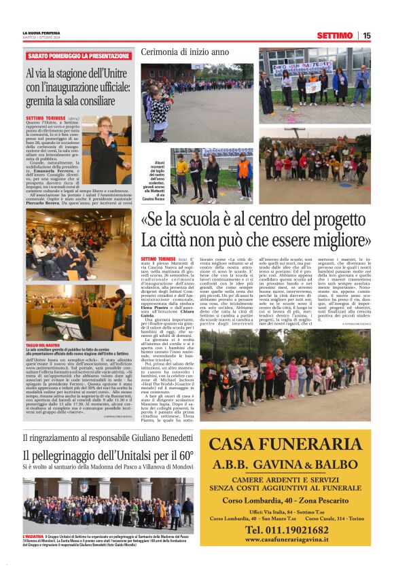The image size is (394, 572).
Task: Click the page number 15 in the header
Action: click(x=366, y=35)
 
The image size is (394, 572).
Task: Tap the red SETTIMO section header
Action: click(x=336, y=35)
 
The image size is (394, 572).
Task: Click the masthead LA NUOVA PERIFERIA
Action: click(x=42, y=32)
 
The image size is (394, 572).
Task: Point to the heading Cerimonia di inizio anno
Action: click(x=185, y=52)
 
